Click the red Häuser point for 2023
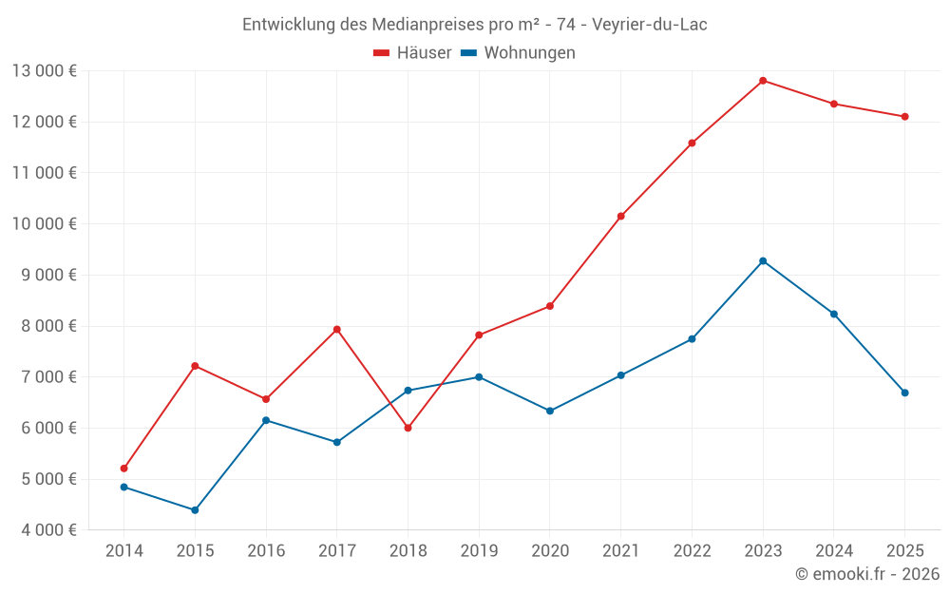click(763, 81)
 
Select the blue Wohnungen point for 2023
click(763, 261)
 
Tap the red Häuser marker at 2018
click(408, 428)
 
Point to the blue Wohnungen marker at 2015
click(195, 510)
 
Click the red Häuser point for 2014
click(124, 469)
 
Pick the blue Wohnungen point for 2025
click(904, 393)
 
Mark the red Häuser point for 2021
click(620, 217)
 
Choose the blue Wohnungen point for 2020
click(550, 411)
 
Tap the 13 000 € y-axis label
click(44, 70)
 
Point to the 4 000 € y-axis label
click(44, 530)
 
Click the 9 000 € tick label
click(44, 275)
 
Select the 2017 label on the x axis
click(337, 551)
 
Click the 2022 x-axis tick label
click(692, 551)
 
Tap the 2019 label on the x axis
click(479, 551)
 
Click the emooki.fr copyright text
click(867, 574)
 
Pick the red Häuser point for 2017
click(337, 330)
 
